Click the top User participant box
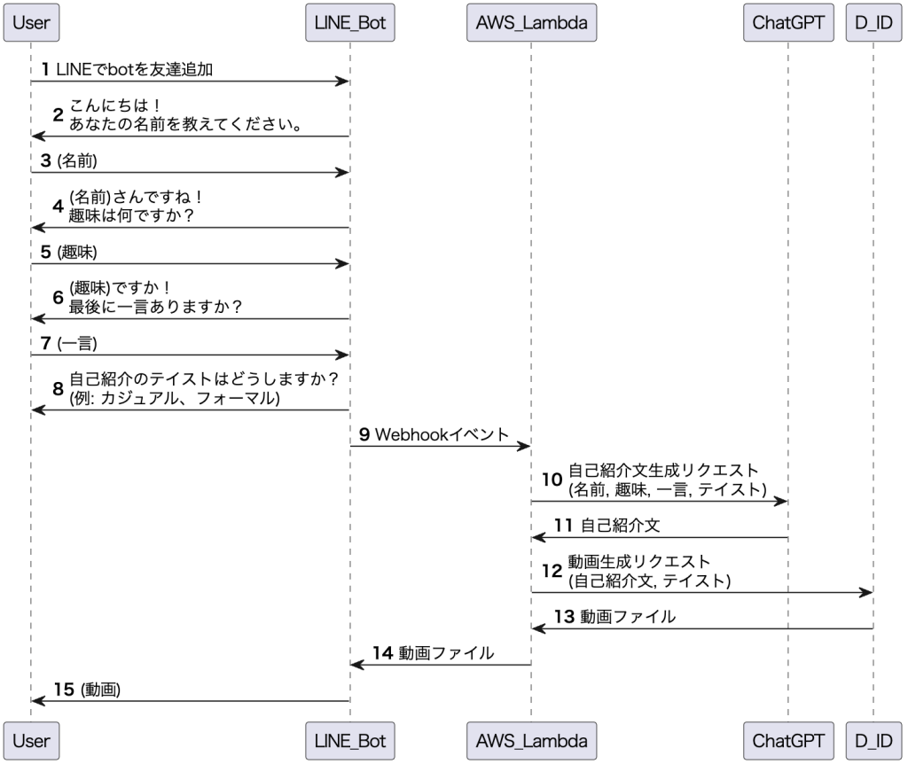[x=31, y=23]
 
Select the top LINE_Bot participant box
[x=349, y=23]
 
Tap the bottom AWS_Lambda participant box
[x=531, y=739]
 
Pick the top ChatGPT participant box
[x=788, y=23]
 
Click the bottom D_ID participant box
[x=873, y=739]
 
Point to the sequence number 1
[x=45, y=69]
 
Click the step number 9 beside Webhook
[x=364, y=434]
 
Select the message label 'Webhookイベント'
[x=442, y=434]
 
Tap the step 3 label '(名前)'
[x=76, y=160]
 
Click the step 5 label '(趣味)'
[x=76, y=252]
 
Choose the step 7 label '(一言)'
[x=76, y=343]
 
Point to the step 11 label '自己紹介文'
[x=620, y=526]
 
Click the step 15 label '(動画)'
[x=100, y=690]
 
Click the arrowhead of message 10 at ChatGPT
[x=782, y=501]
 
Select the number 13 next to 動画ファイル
[x=564, y=617]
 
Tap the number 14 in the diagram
[x=382, y=653]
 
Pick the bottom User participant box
[x=31, y=739]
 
